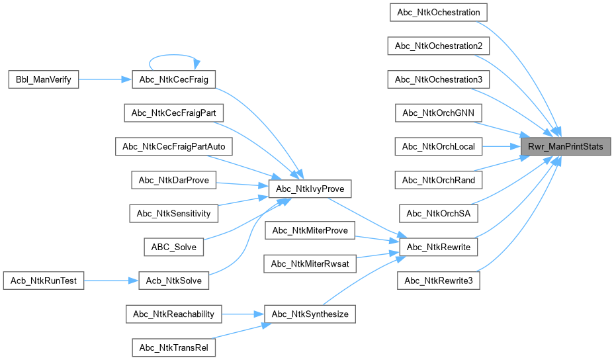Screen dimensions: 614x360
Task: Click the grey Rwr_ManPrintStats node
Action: [x=566, y=146]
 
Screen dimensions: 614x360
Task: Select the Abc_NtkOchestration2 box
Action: [x=439, y=46]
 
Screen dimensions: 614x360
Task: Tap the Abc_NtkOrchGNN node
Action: [x=439, y=112]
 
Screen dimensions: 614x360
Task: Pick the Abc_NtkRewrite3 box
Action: [x=439, y=281]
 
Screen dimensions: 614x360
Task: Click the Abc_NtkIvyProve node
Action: [x=310, y=189]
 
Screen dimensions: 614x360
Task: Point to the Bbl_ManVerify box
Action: [x=44, y=79]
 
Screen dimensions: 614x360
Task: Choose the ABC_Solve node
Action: [x=174, y=247]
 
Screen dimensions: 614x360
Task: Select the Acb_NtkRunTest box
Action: [x=44, y=281]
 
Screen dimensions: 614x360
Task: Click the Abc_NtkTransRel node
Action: [x=174, y=347]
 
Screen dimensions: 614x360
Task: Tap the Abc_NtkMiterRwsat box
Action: [x=310, y=263]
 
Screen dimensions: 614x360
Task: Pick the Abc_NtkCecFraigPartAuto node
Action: [x=174, y=146]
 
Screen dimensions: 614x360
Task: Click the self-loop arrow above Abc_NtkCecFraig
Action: [x=174, y=55]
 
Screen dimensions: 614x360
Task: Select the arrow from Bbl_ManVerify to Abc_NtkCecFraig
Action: [x=105, y=79]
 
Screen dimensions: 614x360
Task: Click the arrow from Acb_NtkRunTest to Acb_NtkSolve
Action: [x=111, y=281]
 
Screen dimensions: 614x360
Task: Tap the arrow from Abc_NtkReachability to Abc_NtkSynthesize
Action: [x=243, y=314]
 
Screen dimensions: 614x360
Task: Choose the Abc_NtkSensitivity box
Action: [x=174, y=214]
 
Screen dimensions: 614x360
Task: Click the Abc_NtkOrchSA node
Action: [x=439, y=214]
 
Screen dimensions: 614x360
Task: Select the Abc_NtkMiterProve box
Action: [x=310, y=230]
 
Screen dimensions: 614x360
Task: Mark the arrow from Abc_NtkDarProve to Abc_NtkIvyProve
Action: [x=242, y=185]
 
